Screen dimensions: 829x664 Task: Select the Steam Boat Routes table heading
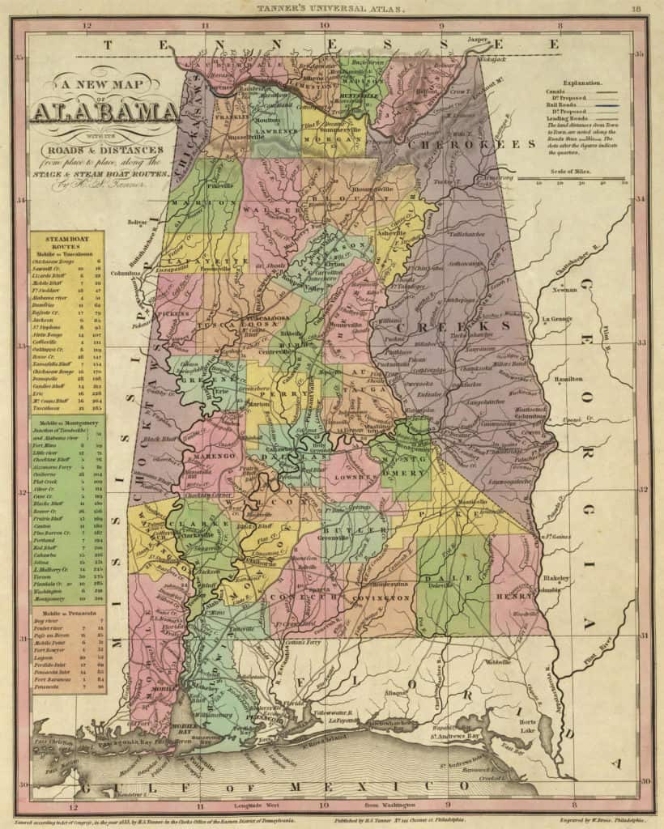[68, 240]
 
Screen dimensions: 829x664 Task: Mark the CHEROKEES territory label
[471, 144]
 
